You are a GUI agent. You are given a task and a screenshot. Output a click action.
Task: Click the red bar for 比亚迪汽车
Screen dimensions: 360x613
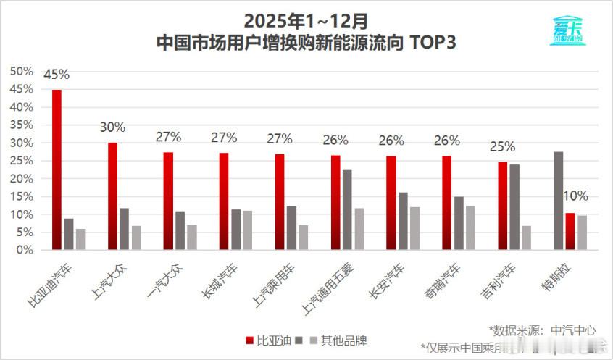[x=57, y=170]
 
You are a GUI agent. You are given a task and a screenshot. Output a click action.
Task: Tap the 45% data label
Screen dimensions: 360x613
[x=57, y=75]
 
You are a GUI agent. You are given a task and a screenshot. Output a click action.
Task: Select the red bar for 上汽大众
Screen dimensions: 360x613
[x=112, y=196]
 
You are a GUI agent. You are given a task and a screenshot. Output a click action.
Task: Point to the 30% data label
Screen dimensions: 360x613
[x=112, y=127]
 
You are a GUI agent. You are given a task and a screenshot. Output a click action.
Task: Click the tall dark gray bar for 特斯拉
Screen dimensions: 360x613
[x=559, y=201]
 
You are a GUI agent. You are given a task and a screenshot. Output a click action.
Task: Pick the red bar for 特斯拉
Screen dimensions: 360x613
[x=570, y=232]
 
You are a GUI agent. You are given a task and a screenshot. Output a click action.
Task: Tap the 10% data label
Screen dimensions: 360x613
[x=576, y=196]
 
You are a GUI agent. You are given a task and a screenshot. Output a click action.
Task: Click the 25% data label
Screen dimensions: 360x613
[x=502, y=147]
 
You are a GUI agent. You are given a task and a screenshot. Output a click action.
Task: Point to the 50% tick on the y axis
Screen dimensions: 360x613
[x=22, y=71]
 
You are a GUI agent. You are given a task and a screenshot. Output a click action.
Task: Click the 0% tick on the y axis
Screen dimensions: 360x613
[x=25, y=250]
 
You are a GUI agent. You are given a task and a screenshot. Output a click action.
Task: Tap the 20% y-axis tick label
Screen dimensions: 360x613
[x=22, y=178]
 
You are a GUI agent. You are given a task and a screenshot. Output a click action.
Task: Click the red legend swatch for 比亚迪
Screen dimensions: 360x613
[x=248, y=340]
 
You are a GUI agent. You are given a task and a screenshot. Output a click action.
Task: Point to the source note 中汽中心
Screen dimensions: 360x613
[x=573, y=330]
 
